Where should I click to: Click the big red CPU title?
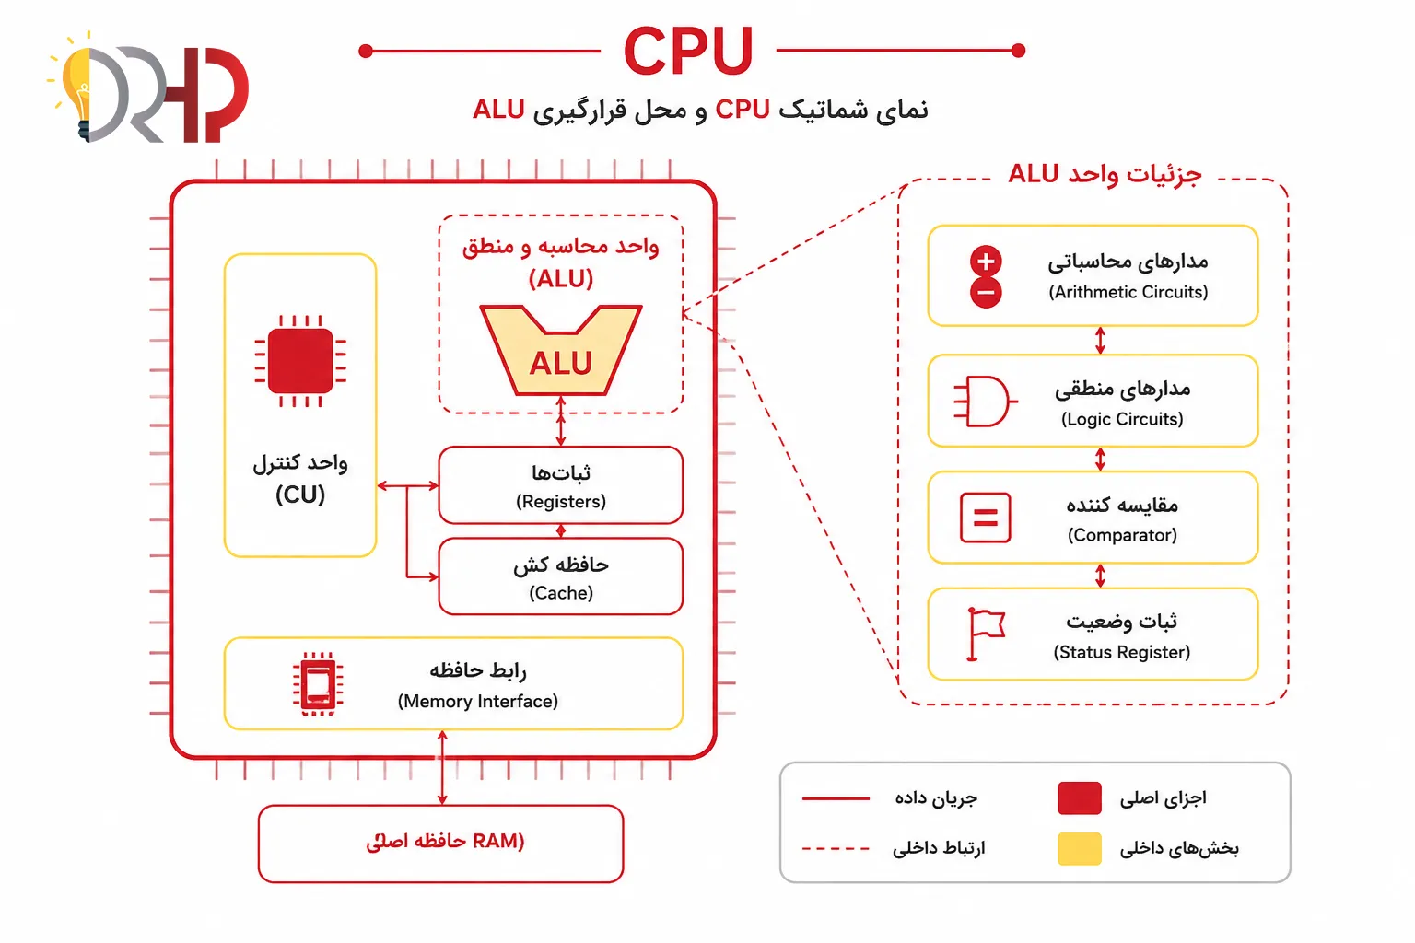688,51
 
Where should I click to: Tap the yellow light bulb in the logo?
77,88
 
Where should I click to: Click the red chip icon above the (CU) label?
300,361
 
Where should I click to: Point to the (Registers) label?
561,502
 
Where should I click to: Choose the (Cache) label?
561,592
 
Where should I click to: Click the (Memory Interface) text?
477,701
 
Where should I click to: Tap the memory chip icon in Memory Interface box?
318,684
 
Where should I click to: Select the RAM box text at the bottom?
445,842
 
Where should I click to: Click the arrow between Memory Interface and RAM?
442,767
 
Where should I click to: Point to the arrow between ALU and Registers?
561,421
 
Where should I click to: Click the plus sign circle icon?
986,261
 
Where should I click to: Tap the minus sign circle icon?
986,293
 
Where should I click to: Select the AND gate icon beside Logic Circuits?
985,402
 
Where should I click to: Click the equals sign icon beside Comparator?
985,518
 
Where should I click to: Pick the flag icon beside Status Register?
986,634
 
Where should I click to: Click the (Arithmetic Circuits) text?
1128,292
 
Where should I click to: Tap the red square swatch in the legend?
1080,797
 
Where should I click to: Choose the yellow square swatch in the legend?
1080,848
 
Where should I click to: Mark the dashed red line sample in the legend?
836,848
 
